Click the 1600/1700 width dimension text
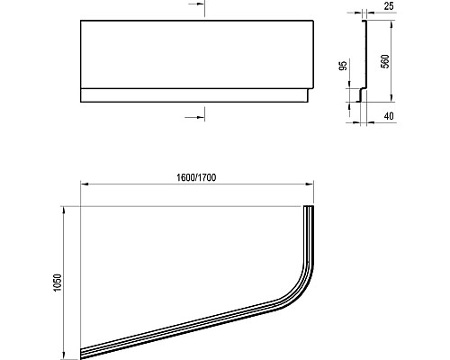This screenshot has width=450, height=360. click(197, 176)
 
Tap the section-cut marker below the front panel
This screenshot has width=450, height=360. click(201, 115)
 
